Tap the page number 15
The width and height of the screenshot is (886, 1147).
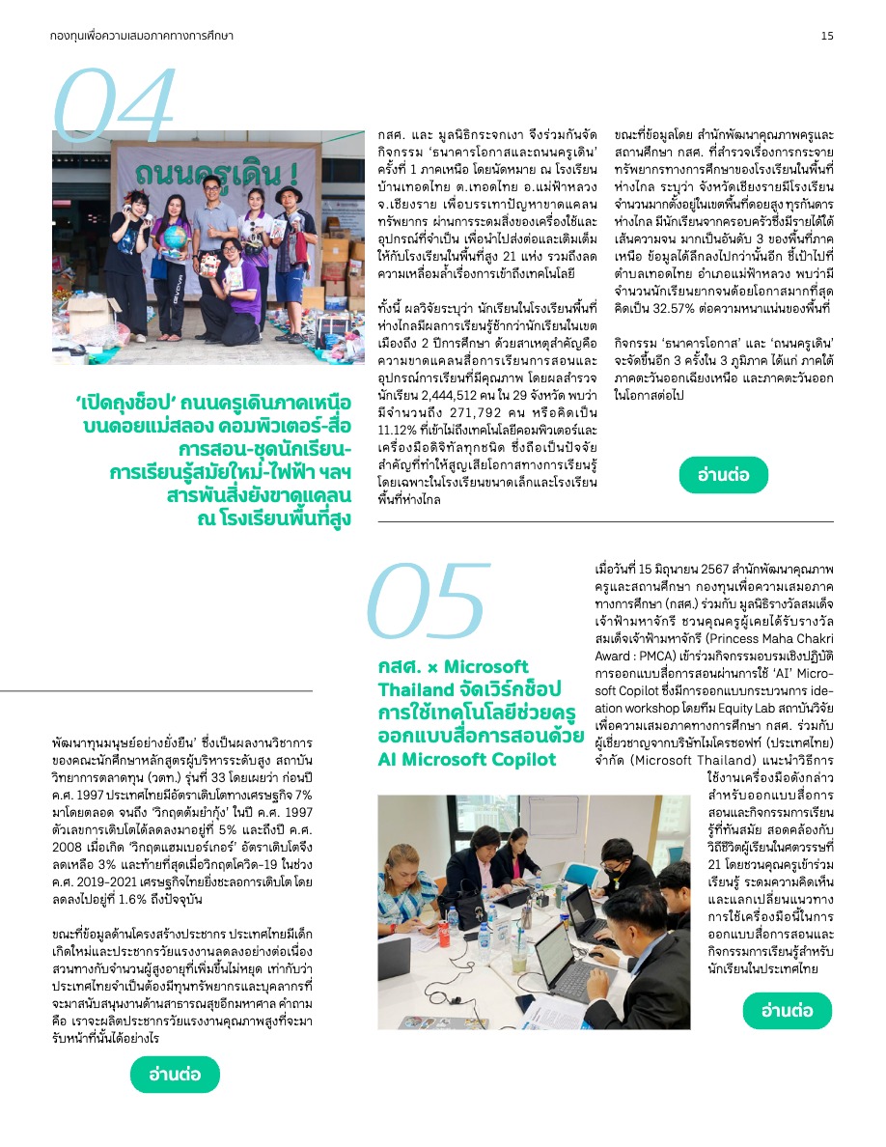pyautogui.click(x=827, y=36)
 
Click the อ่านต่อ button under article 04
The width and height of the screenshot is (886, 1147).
pyautogui.click(x=724, y=474)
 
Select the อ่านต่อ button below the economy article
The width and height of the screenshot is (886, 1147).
pyautogui.click(x=175, y=1074)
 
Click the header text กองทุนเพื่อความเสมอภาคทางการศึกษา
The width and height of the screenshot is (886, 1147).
pyautogui.click(x=142, y=36)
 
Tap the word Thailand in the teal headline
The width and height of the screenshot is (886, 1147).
pyautogui.click(x=417, y=689)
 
